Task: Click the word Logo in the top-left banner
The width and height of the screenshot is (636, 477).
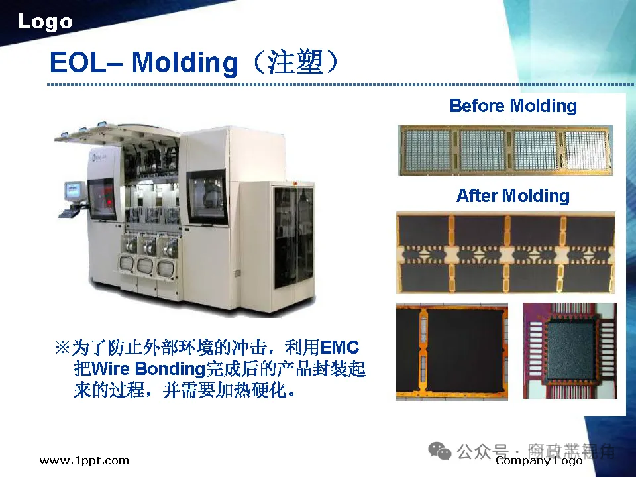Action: click(x=45, y=22)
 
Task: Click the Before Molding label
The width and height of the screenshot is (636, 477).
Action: click(x=513, y=106)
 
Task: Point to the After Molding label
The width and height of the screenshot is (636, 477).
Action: click(x=513, y=196)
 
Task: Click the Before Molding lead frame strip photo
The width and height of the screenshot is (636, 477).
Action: click(x=505, y=150)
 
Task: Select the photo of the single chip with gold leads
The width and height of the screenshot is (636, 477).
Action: click(x=570, y=350)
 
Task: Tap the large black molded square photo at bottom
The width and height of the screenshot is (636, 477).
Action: click(x=452, y=352)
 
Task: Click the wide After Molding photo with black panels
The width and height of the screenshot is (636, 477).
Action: click(x=505, y=252)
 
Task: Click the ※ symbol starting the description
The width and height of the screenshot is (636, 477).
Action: click(x=62, y=348)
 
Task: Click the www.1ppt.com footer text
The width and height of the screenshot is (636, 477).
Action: click(x=84, y=460)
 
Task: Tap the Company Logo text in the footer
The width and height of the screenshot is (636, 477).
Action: click(x=539, y=461)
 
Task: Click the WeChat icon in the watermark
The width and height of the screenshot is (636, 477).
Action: click(x=440, y=451)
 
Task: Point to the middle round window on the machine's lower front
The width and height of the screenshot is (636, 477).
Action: click(x=145, y=267)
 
